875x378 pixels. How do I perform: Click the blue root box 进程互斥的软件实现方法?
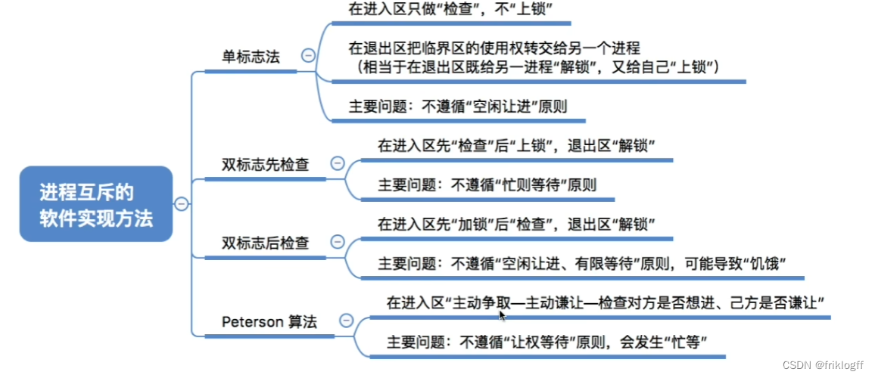tap(96, 204)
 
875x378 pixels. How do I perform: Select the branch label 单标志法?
tap(250, 56)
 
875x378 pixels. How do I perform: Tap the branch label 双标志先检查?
tap(265, 164)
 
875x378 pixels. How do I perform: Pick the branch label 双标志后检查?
tap(265, 243)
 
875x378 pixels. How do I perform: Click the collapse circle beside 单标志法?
tap(308, 55)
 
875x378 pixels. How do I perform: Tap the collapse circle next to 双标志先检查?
tap(338, 163)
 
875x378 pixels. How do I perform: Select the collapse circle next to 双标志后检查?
tap(338, 242)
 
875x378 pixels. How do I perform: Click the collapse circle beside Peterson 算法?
tap(347, 321)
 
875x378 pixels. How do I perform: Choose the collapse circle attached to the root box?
tap(181, 203)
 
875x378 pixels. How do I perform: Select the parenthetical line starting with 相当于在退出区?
tap(538, 68)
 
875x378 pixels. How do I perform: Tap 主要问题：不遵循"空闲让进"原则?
tap(457, 107)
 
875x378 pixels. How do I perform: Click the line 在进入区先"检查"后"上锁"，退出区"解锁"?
tap(516, 145)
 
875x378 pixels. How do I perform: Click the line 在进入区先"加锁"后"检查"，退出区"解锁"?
tap(516, 225)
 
